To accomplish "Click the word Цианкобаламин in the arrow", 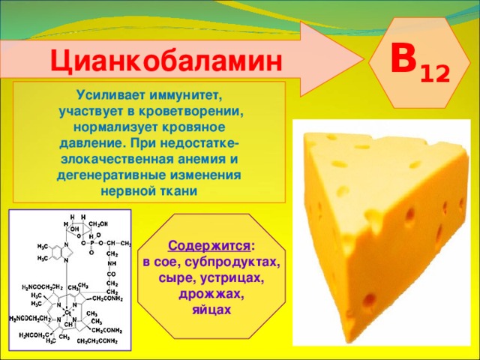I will [x=166, y=60].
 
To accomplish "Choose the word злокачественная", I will [x=103, y=159].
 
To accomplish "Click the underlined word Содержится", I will [x=210, y=246].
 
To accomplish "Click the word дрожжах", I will [x=212, y=294].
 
